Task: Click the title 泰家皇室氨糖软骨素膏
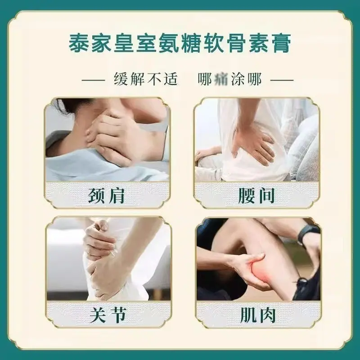click(180, 44)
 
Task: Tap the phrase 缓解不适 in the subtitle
click(146, 80)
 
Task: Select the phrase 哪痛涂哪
click(229, 80)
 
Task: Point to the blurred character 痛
click(221, 80)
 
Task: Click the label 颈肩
click(106, 196)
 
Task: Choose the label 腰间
click(256, 196)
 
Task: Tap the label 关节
click(108, 315)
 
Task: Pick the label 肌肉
click(258, 315)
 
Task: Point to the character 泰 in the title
click(78, 44)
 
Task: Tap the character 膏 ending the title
click(282, 44)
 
